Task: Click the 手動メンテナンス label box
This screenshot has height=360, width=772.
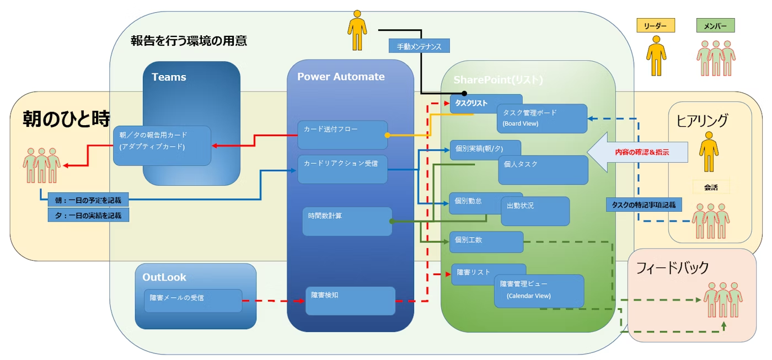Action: (x=419, y=46)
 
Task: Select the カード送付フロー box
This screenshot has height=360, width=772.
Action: (x=342, y=135)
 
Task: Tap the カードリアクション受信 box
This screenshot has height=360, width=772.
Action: (x=342, y=169)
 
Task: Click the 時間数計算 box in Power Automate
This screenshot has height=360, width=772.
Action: (x=347, y=221)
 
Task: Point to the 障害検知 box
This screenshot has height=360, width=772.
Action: (x=350, y=300)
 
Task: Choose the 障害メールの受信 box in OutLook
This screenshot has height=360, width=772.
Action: (x=193, y=300)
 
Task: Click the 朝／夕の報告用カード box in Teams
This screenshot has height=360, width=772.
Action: (x=162, y=146)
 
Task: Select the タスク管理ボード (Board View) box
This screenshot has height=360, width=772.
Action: (x=542, y=119)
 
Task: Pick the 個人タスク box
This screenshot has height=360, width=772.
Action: (x=543, y=170)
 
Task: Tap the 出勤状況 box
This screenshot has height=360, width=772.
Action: (x=534, y=211)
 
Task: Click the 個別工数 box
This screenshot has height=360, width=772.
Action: (x=486, y=241)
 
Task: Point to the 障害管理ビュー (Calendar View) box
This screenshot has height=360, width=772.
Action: (x=539, y=291)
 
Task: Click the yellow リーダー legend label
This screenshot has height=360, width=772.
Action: (x=656, y=25)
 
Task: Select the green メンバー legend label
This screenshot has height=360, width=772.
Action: (x=715, y=25)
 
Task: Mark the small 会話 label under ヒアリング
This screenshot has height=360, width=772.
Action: (x=711, y=187)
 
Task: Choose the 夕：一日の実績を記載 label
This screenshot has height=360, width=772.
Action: (x=88, y=215)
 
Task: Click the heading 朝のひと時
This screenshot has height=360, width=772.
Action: (x=66, y=119)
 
